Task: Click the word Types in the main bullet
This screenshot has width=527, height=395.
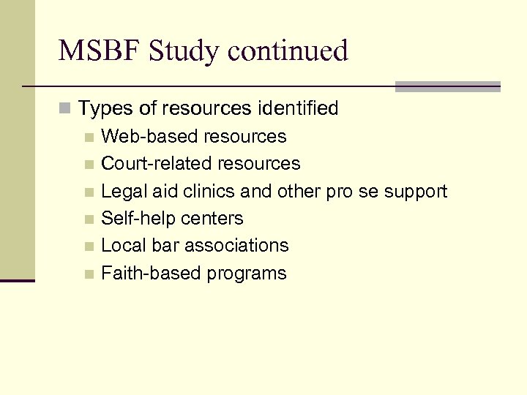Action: coord(102,109)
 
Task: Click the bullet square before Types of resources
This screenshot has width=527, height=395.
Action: coord(66,110)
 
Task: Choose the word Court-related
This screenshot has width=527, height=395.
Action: coord(149,164)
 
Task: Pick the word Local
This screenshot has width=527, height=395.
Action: coord(122,246)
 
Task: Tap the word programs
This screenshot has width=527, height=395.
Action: coord(247,274)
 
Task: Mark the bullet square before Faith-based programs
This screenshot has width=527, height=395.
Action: coord(89,274)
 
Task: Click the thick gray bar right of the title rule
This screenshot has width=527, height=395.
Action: coord(447,86)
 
